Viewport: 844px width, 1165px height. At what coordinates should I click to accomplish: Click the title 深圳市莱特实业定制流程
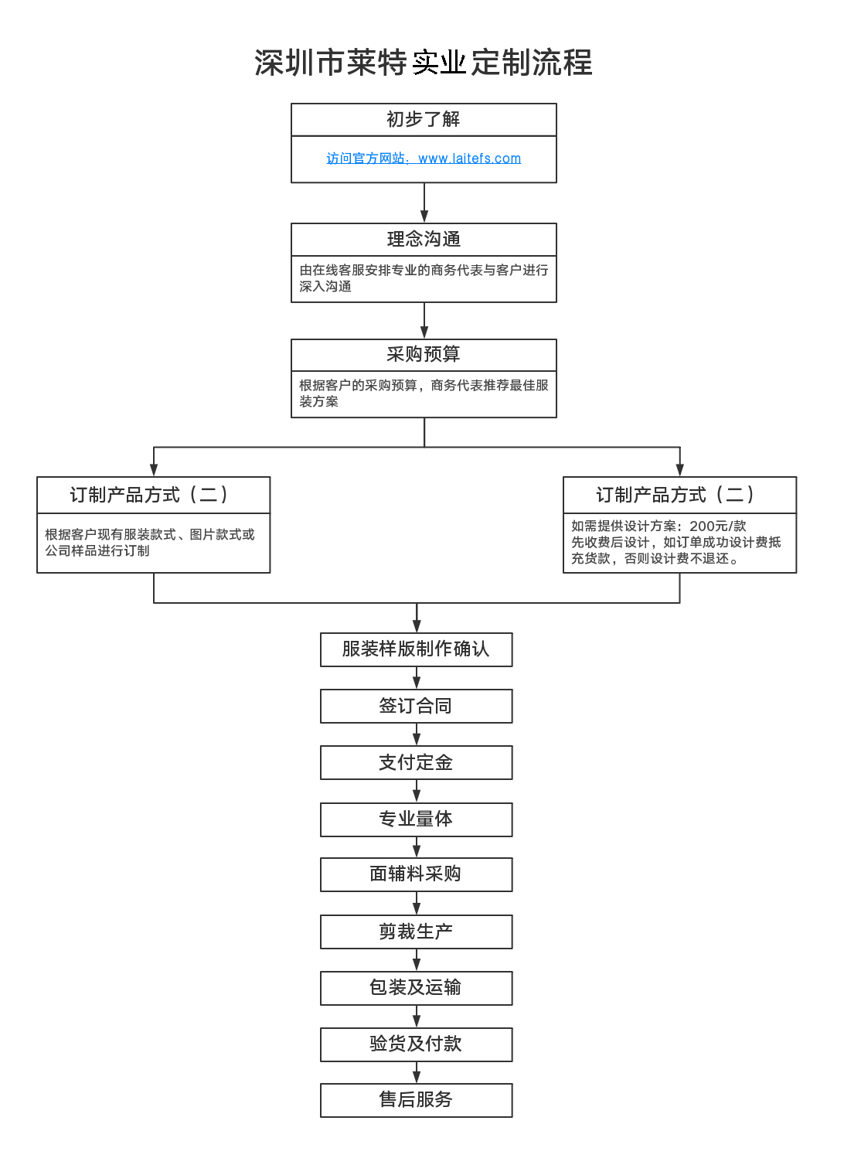coord(423,63)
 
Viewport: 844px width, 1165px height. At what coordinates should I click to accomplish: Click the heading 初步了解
coord(424,119)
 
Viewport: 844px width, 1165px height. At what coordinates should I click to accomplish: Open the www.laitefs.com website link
coord(469,158)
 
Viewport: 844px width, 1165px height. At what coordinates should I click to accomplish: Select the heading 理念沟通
coord(424,239)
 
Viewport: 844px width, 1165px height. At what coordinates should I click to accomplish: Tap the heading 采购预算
coord(424,354)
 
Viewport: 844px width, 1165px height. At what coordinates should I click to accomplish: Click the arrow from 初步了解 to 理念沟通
coord(424,203)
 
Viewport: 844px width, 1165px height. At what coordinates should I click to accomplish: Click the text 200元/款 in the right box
coord(717,526)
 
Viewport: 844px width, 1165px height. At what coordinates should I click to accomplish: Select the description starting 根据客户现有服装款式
coord(149,542)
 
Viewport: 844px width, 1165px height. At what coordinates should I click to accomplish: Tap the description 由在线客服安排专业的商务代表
coord(424,278)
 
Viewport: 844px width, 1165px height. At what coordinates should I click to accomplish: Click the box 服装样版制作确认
coord(416,649)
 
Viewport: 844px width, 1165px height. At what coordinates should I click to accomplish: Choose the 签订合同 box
coord(416,706)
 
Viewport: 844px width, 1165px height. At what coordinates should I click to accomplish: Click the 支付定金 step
coord(416,762)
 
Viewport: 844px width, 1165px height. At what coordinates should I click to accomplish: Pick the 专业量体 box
coord(416,819)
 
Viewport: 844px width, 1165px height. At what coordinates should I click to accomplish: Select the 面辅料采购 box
coord(416,874)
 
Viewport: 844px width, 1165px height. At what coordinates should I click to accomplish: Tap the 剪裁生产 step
coord(416,932)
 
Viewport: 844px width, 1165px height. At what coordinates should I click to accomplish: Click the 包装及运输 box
coord(416,988)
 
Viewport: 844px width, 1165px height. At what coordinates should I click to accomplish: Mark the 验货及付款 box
coord(416,1044)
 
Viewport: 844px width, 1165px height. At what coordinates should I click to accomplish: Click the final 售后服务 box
coord(416,1100)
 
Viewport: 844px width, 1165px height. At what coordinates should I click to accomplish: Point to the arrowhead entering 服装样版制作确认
coord(417,627)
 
